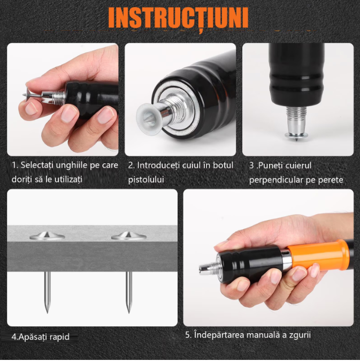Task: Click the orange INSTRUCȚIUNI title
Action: (178, 18)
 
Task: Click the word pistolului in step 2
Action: (146, 179)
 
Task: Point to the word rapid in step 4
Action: (58, 337)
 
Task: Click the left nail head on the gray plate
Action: (47, 236)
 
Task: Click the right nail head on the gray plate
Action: (129, 236)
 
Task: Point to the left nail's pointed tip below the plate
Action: (47, 312)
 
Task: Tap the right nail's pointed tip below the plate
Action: (129, 312)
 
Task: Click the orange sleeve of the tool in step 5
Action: (318, 255)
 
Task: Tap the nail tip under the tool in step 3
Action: (297, 140)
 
